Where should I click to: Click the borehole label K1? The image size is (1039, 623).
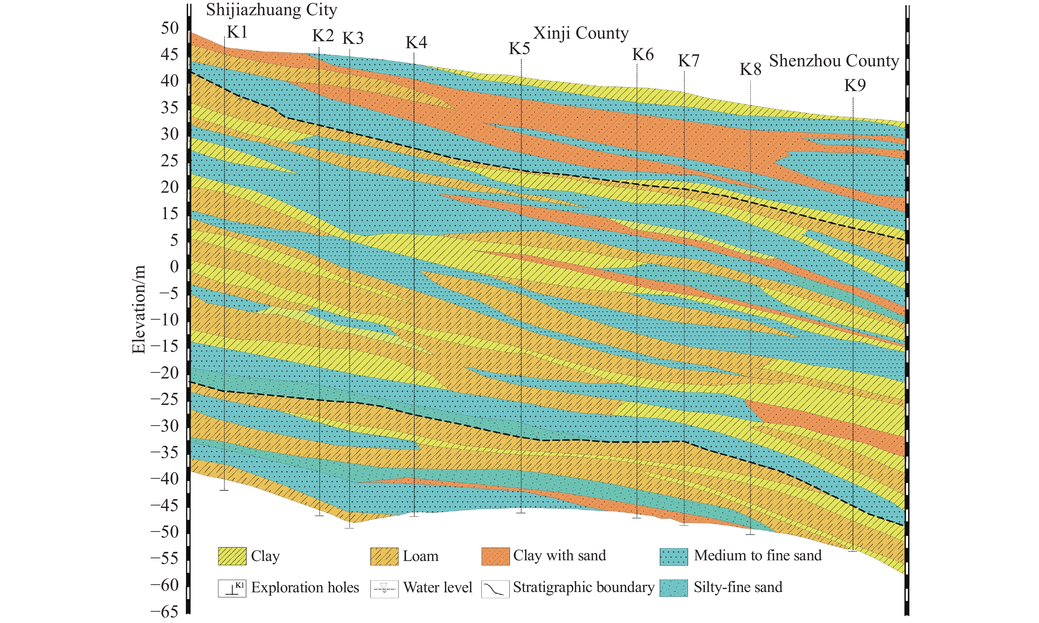237,32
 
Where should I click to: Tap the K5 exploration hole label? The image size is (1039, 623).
519,49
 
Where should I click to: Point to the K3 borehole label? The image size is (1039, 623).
353,38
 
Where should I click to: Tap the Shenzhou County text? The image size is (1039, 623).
834,61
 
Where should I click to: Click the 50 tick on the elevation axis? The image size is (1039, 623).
170,29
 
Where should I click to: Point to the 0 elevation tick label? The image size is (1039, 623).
174,267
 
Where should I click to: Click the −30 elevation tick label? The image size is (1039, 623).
165,426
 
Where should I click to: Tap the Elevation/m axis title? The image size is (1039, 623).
139,310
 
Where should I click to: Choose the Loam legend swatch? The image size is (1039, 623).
384,556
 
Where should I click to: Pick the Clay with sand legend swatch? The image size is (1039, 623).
495,556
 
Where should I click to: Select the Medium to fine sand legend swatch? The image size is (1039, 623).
674,556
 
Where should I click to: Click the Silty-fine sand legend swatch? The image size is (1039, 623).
674,588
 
